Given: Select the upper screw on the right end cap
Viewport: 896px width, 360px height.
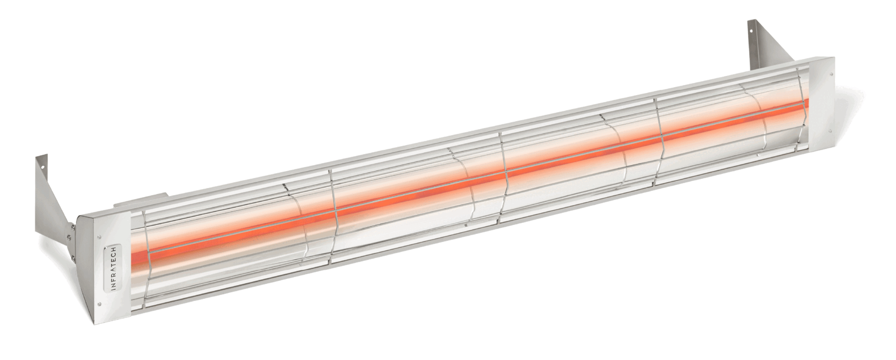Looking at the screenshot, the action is pos(829,74).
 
